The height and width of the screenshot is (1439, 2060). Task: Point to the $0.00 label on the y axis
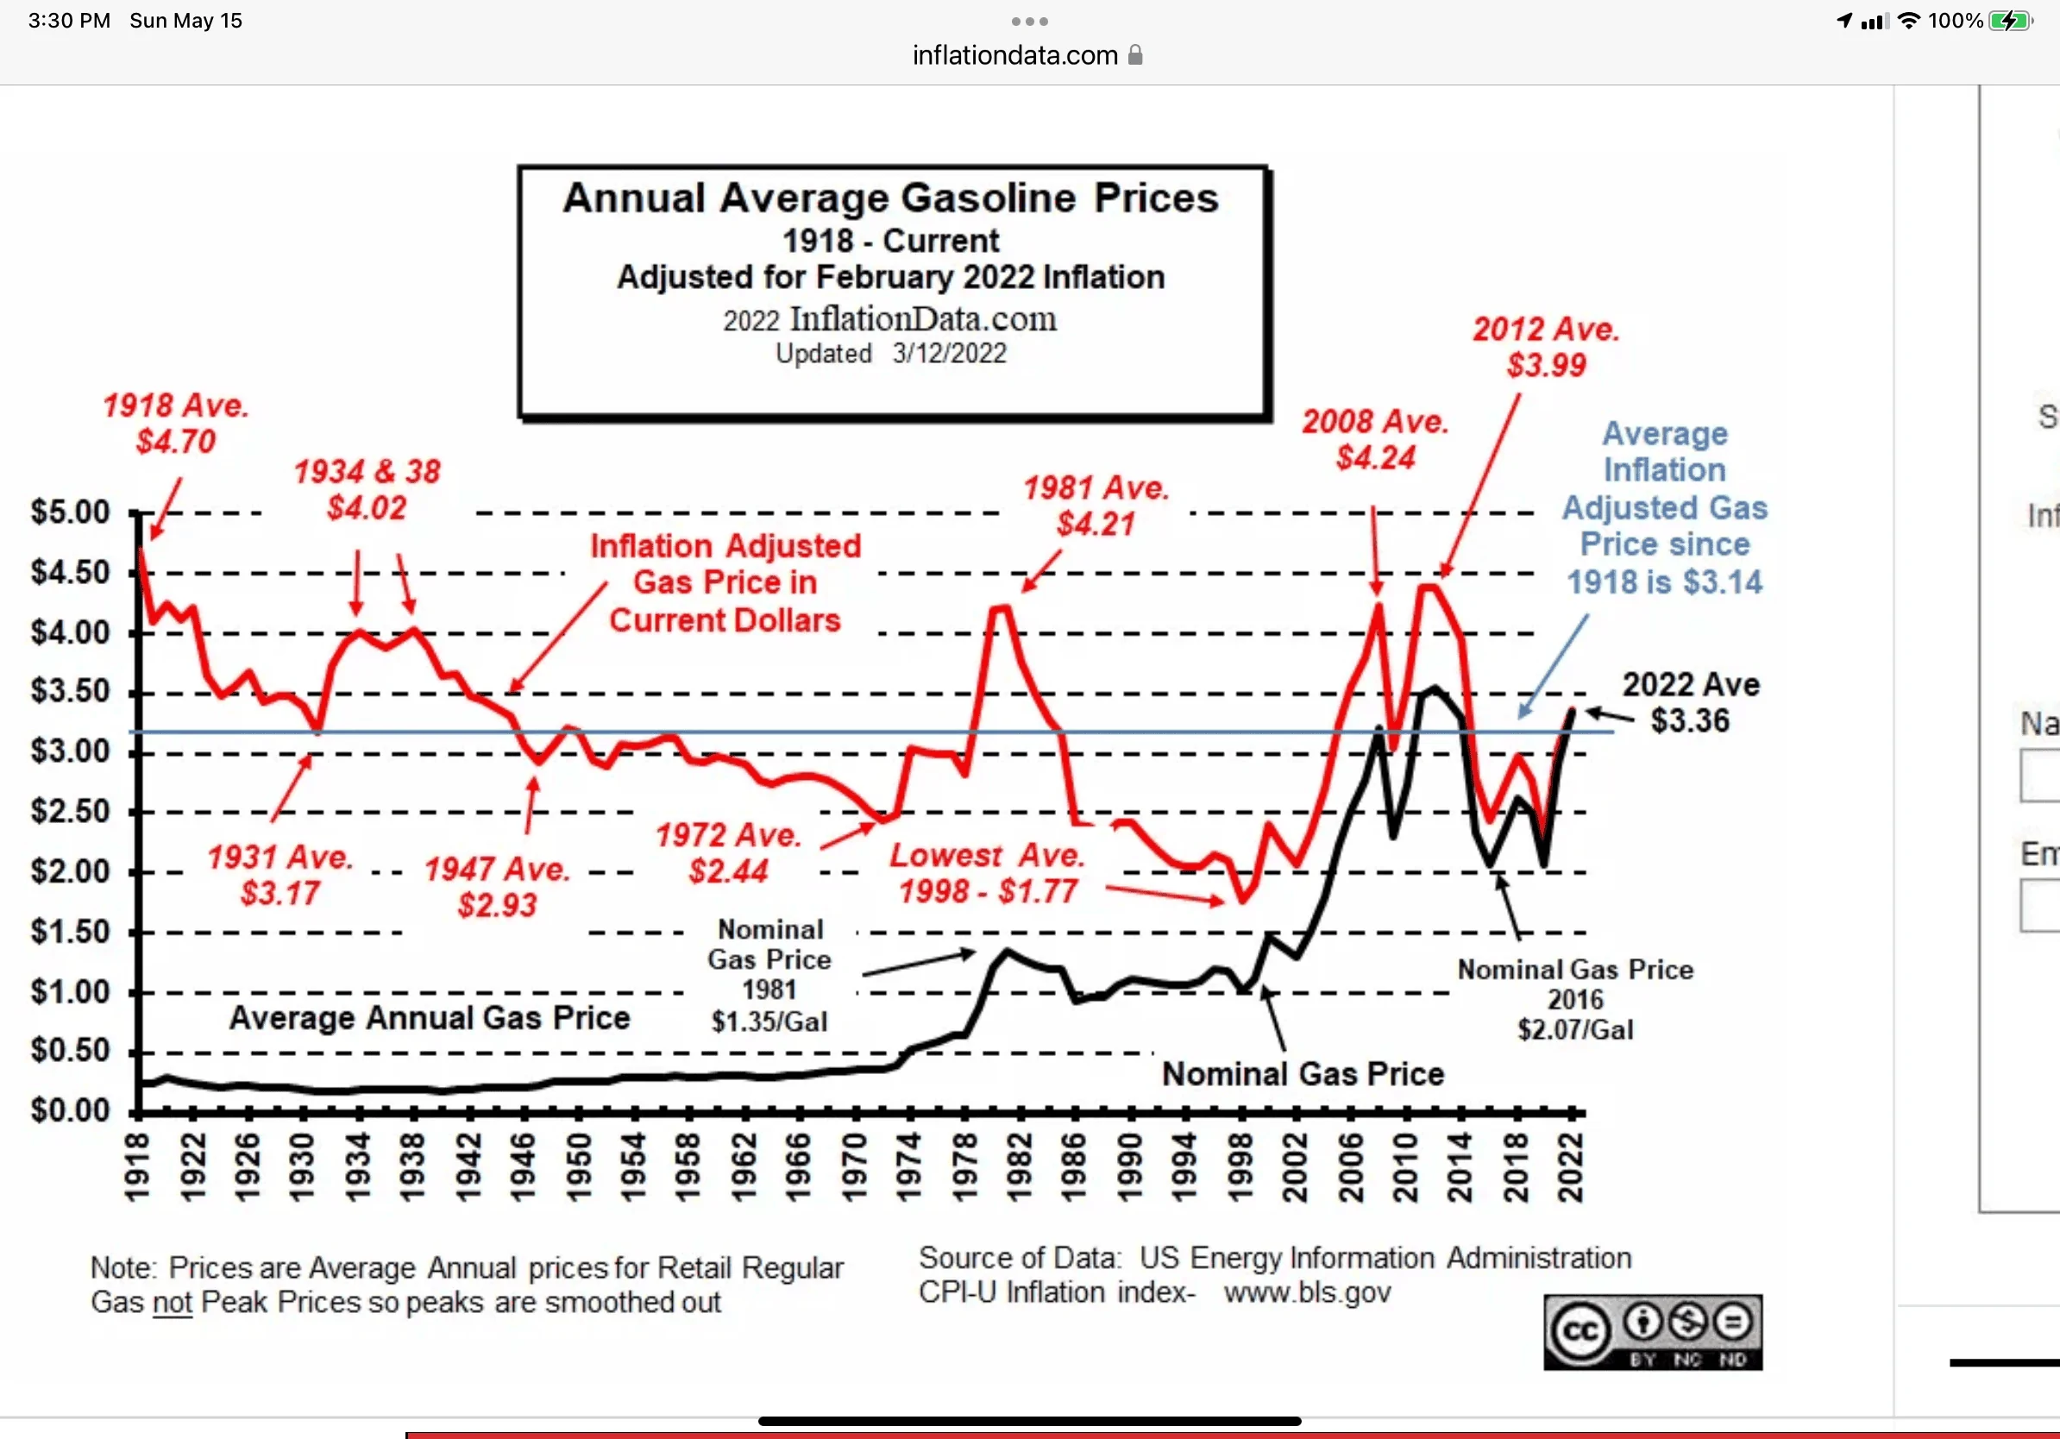[70, 1110]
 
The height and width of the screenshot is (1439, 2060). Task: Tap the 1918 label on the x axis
[137, 1167]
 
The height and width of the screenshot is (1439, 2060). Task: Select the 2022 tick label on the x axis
[1571, 1167]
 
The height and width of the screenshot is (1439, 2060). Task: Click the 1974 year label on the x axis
[910, 1167]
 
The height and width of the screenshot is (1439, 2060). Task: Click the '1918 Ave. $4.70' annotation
[176, 424]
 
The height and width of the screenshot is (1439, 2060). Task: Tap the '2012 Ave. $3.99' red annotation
[1546, 347]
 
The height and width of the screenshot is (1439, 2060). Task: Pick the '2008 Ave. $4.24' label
[1375, 440]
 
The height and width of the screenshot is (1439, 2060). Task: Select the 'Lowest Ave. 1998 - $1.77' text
[988, 874]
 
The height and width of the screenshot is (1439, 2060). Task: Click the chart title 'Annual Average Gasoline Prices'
[891, 198]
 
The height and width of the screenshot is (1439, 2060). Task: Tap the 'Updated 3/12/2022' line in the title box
[891, 354]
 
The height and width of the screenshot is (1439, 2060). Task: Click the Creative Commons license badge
[1653, 1332]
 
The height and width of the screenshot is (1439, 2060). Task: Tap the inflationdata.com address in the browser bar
[1014, 55]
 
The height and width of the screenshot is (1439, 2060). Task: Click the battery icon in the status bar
[2011, 21]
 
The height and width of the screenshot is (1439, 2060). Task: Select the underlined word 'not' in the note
[173, 1303]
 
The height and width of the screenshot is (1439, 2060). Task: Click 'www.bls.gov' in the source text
[1307, 1292]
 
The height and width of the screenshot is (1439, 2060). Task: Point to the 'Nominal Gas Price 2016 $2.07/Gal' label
[1575, 999]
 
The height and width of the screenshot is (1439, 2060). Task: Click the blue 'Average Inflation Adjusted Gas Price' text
[1665, 508]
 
